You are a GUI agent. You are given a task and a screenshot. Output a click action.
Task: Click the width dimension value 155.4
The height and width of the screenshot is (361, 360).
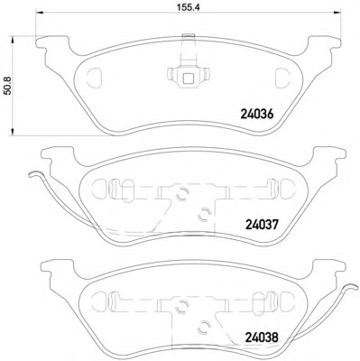189,7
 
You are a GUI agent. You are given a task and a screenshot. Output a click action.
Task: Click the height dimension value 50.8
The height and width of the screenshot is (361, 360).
8,86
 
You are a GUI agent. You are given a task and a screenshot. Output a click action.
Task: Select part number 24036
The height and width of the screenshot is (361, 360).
257,114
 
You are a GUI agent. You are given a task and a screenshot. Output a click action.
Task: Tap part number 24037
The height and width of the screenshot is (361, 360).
263,224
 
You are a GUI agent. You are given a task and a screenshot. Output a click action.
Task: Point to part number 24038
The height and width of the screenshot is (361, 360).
261,338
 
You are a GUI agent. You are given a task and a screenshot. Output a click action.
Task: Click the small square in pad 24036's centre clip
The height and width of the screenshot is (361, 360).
189,79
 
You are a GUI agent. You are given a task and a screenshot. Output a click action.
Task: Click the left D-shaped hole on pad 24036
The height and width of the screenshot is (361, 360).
95,78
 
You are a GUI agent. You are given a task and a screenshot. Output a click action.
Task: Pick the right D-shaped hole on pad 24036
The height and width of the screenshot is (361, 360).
282,78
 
